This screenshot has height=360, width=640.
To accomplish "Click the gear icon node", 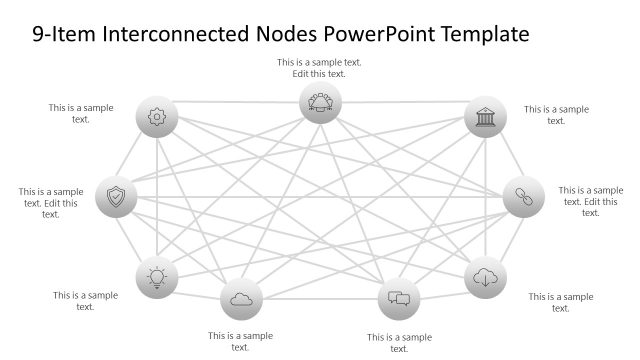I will click(x=156, y=117).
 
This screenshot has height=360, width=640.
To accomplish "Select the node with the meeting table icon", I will click(x=321, y=103).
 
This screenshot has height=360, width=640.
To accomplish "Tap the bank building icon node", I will click(x=486, y=117).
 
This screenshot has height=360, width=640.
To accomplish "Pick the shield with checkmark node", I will click(x=116, y=197).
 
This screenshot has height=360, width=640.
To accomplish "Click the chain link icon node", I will click(x=523, y=197).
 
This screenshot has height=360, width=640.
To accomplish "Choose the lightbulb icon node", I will click(x=156, y=277).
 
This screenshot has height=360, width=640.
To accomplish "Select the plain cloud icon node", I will click(x=240, y=298).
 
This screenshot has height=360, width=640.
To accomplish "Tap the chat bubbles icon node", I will click(x=399, y=298).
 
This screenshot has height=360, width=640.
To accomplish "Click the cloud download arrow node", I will click(x=486, y=277).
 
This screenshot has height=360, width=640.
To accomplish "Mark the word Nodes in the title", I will click(x=290, y=35).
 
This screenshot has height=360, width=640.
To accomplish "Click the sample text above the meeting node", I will click(x=320, y=68).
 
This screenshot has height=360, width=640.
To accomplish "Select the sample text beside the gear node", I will click(x=81, y=113).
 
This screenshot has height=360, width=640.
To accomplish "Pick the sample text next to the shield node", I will click(x=51, y=202).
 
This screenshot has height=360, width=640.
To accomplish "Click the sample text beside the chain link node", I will click(x=590, y=201).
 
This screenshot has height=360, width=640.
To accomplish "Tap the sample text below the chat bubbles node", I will click(x=399, y=342).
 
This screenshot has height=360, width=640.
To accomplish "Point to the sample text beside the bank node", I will click(x=556, y=115).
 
